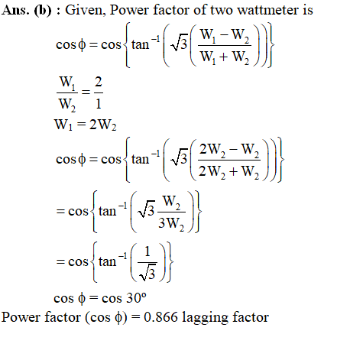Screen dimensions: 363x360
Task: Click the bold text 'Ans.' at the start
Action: click(x=15, y=10)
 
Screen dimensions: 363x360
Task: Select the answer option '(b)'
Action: click(x=43, y=11)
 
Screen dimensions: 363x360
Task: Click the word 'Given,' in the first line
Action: click(x=86, y=11)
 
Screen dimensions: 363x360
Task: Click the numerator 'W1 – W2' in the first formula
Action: click(x=225, y=35)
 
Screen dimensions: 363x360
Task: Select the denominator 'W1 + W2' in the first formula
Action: click(x=225, y=57)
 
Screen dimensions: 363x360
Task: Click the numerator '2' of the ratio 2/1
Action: click(x=99, y=82)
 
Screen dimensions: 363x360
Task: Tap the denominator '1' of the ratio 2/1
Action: click(x=99, y=104)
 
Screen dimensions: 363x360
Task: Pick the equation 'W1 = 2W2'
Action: click(x=85, y=125)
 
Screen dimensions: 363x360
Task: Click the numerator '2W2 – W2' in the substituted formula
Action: click(x=228, y=150)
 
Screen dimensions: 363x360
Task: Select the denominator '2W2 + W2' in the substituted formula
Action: click(x=228, y=171)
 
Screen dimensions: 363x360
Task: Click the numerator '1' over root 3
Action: click(x=147, y=251)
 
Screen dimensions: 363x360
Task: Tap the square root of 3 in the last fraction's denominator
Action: click(x=147, y=273)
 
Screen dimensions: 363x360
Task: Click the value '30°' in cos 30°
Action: click(x=137, y=298)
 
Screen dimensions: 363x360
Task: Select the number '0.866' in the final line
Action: click(x=160, y=317)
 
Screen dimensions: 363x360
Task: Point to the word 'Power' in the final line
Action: click(x=21, y=317)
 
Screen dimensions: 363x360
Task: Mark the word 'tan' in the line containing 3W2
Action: click(x=107, y=211)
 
